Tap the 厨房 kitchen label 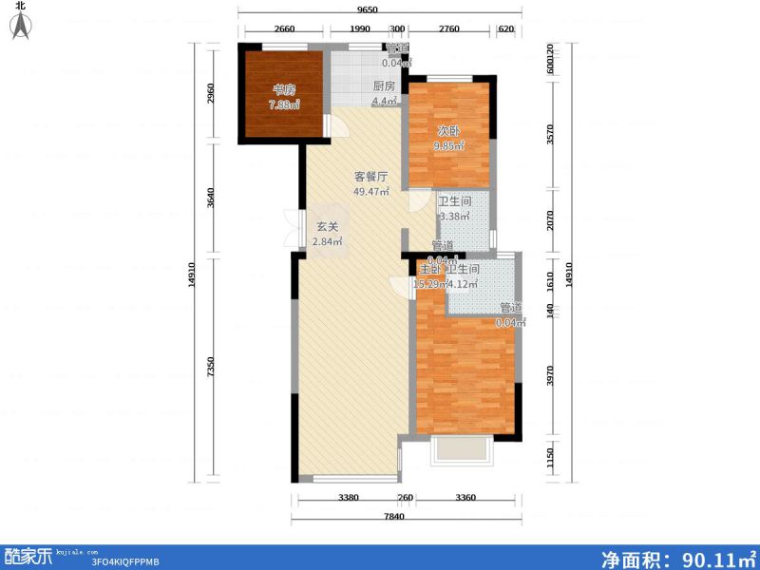click(x=383, y=86)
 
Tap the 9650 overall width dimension click(x=369, y=9)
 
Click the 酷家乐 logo click(x=28, y=557)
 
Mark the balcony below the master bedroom click(x=462, y=450)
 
